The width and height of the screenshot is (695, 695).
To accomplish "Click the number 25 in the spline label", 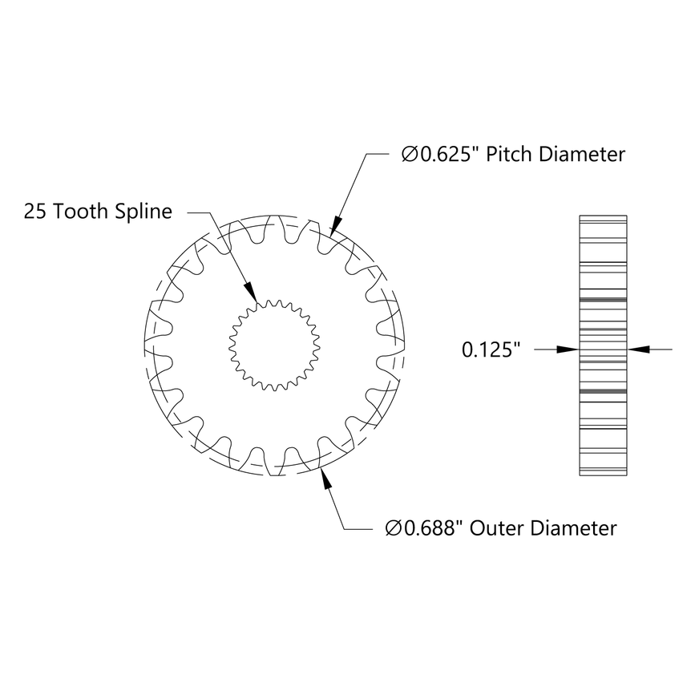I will click(x=34, y=212).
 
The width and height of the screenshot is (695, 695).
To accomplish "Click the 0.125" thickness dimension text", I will click(x=491, y=350).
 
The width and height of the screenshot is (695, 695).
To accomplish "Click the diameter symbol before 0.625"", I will click(x=409, y=155).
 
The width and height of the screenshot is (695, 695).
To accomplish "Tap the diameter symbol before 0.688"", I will click(x=393, y=529).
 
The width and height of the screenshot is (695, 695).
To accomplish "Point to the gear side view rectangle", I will click(x=602, y=346).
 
